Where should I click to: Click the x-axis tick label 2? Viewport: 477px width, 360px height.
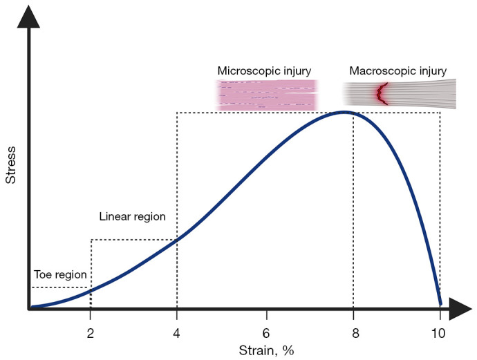click(x=90, y=334)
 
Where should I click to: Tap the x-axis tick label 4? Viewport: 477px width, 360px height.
click(x=176, y=334)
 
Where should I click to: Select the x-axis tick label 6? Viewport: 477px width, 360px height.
click(x=266, y=334)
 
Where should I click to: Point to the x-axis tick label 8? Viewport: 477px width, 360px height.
click(x=355, y=334)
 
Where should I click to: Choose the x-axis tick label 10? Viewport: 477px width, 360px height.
click(x=438, y=334)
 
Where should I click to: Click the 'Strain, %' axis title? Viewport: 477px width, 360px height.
click(x=266, y=350)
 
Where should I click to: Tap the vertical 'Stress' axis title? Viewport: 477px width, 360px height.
click(x=10, y=165)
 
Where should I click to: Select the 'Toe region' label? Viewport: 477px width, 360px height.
click(x=60, y=274)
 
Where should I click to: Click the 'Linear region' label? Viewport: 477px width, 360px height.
click(x=132, y=216)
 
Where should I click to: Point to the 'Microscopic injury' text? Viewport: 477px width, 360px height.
click(x=264, y=71)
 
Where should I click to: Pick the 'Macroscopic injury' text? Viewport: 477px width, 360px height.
click(x=398, y=71)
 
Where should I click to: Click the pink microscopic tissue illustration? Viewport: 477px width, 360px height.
click(x=267, y=95)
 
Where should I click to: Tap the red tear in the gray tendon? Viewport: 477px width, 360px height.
click(x=381, y=94)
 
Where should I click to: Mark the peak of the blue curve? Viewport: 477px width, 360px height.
click(x=344, y=112)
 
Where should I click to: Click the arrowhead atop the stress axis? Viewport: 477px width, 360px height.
click(x=28, y=17)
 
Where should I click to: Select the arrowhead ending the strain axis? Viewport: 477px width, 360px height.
click(x=460, y=310)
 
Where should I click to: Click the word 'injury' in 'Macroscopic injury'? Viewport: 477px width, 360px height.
click(x=433, y=71)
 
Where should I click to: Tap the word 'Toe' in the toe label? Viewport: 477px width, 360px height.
click(x=41, y=274)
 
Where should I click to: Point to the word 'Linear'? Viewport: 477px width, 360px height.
click(x=114, y=216)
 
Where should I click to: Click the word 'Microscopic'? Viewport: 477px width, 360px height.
click(x=249, y=71)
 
